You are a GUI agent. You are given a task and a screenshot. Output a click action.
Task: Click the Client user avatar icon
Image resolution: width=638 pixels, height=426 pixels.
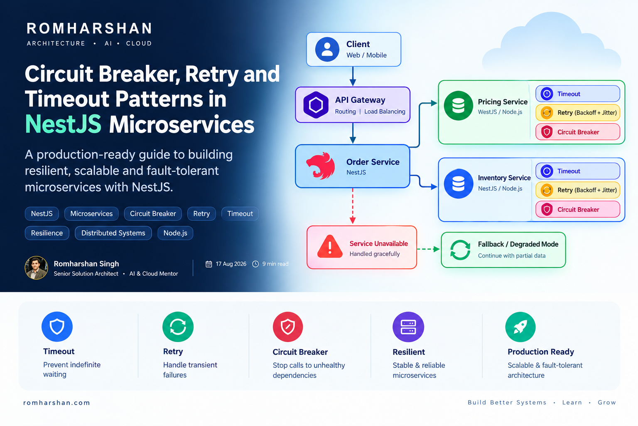tap(327, 50)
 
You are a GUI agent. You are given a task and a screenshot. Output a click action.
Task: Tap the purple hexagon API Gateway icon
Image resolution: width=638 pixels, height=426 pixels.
tap(316, 105)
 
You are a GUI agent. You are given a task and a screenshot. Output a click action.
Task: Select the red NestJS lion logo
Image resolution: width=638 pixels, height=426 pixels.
tap(320, 166)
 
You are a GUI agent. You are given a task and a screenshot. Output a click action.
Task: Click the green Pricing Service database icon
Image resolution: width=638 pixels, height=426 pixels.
tap(458, 106)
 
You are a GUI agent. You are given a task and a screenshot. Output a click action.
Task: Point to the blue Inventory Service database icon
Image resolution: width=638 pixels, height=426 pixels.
tap(458, 183)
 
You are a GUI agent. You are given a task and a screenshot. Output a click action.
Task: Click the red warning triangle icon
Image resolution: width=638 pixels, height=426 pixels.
tap(330, 247)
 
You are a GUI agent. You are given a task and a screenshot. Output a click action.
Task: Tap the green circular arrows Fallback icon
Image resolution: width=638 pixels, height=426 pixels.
tap(460, 250)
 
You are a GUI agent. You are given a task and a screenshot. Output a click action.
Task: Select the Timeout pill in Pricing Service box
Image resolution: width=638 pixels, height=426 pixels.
tap(578, 94)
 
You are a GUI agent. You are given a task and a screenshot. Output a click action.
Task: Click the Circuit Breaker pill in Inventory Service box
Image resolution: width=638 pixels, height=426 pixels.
tap(578, 209)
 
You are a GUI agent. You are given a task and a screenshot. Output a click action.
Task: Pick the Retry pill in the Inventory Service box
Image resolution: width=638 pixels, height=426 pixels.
tap(578, 190)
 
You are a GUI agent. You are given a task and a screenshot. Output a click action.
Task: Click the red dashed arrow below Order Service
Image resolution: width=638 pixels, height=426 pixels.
tap(353, 206)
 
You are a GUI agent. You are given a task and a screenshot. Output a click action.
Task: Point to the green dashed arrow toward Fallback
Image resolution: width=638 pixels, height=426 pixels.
tap(428, 249)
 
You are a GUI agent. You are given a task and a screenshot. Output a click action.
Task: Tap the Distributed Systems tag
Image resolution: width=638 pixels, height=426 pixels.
tap(113, 233)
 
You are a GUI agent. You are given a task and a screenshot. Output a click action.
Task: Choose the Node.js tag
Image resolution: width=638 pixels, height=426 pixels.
tap(175, 233)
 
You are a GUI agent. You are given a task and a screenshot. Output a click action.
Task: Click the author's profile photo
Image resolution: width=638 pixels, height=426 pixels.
tap(36, 267)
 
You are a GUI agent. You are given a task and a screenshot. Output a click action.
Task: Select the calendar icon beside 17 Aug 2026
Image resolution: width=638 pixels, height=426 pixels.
tap(209, 264)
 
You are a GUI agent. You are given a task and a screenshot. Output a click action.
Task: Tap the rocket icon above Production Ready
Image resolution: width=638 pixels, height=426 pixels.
tap(520, 327)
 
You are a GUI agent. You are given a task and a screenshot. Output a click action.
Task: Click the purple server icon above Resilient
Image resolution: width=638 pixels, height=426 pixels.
tap(408, 327)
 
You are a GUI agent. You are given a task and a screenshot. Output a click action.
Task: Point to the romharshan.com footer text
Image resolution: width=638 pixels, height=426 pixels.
tap(56, 403)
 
